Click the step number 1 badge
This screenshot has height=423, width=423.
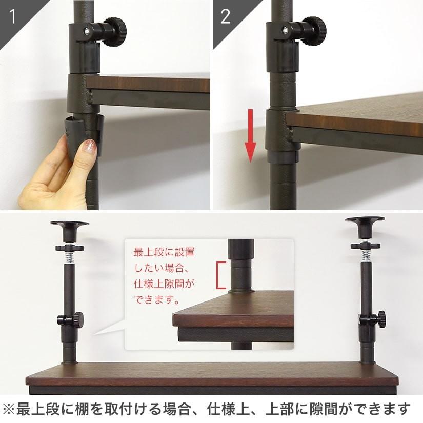[12, 16]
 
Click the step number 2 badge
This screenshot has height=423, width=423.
[226, 16]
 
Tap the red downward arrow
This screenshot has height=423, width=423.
[250, 136]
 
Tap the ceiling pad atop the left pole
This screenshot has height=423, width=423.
[70, 231]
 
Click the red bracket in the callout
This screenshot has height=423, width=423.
[220, 275]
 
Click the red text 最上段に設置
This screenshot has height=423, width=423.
[164, 252]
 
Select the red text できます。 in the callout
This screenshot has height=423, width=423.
[157, 299]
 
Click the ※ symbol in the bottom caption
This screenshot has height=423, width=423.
[8, 409]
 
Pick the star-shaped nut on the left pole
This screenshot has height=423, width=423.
[70, 248]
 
